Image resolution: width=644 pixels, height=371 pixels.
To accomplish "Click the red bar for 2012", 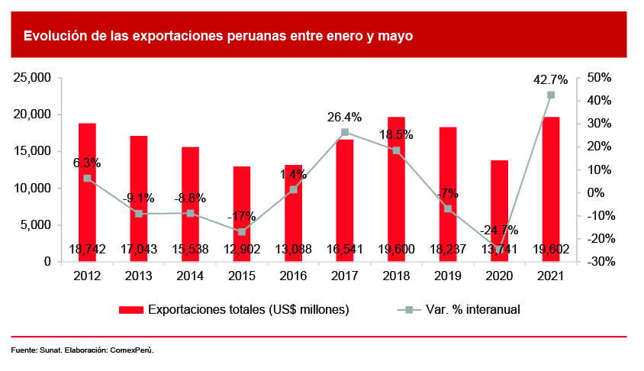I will (87, 191).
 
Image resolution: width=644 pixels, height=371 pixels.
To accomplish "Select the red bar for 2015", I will (242, 214).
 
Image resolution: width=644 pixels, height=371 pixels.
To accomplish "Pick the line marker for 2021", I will (551, 95).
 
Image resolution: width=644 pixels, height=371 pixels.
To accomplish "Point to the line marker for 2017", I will (345, 132).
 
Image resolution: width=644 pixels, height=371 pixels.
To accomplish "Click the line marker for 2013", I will (139, 214).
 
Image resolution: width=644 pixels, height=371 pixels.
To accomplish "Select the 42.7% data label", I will (551, 79).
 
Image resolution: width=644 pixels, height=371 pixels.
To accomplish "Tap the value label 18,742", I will (87, 249).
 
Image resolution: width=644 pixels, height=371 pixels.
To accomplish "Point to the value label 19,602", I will (551, 249).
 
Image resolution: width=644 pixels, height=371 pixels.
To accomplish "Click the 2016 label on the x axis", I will (293, 276).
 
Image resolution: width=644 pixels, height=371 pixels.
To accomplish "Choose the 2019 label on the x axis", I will (448, 276).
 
